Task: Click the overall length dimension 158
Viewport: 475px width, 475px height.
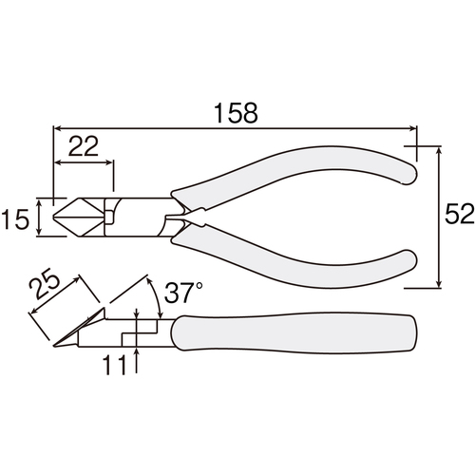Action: click(x=236, y=113)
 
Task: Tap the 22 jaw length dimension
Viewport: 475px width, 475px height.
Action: click(x=84, y=146)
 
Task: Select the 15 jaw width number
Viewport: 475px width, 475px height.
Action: click(x=15, y=219)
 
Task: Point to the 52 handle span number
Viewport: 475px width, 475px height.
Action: click(x=460, y=214)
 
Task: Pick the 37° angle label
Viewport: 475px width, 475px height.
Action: click(x=183, y=293)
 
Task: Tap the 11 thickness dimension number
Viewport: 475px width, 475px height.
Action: click(x=116, y=365)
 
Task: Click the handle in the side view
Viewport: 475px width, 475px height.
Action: click(x=293, y=332)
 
